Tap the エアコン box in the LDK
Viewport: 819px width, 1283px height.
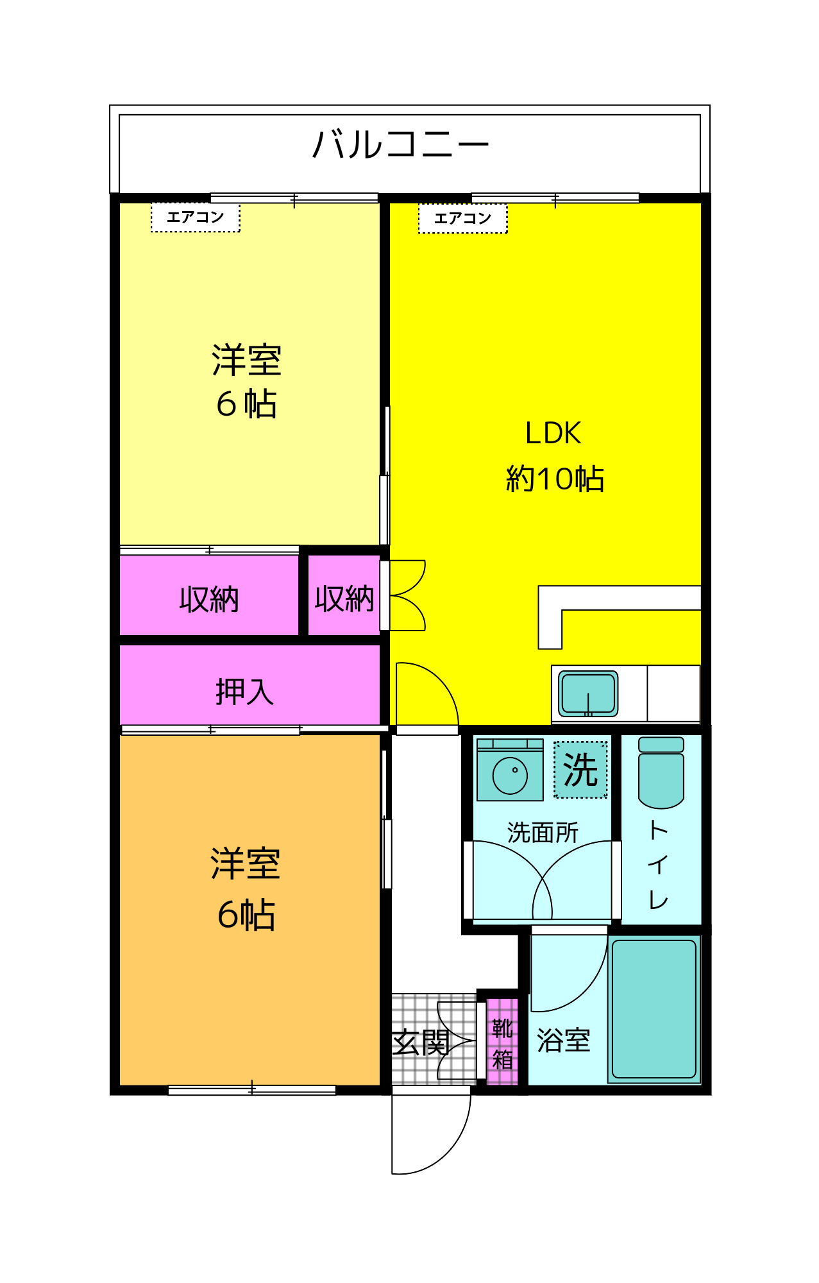[x=462, y=218]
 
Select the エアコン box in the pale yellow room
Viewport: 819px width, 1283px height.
[x=195, y=217]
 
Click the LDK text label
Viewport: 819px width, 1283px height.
[x=553, y=433]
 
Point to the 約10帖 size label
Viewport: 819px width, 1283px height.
[x=555, y=479]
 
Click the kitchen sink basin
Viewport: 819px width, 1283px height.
[x=588, y=693]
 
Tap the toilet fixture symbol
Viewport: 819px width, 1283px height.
[x=661, y=772]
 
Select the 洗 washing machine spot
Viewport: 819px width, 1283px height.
[x=580, y=770]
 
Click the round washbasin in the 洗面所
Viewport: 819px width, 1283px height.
[x=510, y=776]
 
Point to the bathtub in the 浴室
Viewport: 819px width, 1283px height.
[x=654, y=1009]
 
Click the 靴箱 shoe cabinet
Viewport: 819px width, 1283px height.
[x=502, y=1042]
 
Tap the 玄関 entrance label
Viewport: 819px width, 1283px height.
[x=421, y=1042]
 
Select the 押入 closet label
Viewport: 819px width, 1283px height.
[x=244, y=692]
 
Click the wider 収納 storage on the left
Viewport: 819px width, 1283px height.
[x=209, y=599]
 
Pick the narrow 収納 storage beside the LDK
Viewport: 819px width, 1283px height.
[x=344, y=599]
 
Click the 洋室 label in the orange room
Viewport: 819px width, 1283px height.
[x=246, y=863]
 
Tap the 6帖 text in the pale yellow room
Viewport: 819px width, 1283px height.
[x=246, y=404]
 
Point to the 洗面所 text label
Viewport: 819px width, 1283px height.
[x=543, y=832]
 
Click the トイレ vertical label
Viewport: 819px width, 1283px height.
[x=659, y=864]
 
